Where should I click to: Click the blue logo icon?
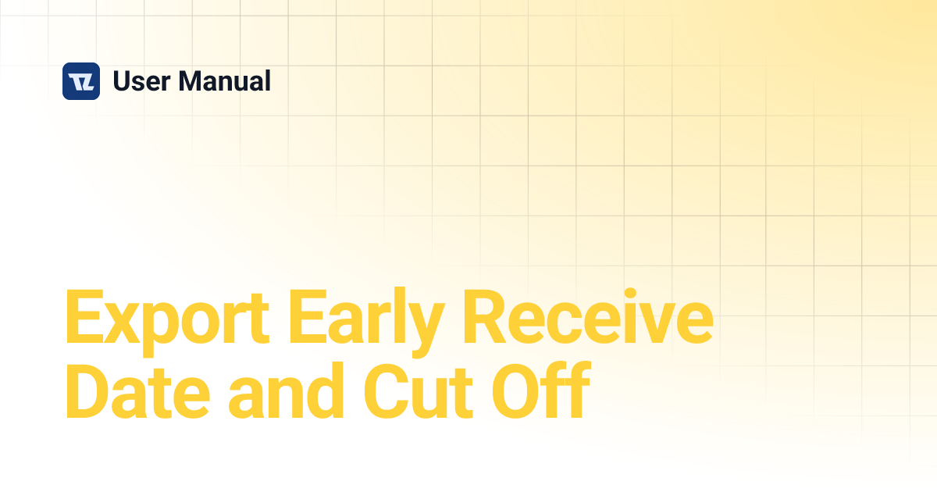coord(81,81)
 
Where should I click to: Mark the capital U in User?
coord(122,81)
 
